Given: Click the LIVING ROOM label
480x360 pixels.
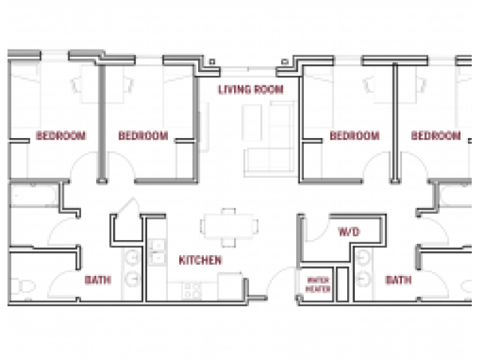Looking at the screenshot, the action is pos(250,89).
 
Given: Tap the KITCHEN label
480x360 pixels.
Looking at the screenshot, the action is pos(200,260).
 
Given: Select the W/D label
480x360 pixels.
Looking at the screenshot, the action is pos(349,232).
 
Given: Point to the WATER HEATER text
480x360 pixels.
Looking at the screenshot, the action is pos(318,284).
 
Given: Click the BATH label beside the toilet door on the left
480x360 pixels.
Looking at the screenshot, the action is pos(97,280).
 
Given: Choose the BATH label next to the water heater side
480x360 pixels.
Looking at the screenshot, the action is pos(398,280).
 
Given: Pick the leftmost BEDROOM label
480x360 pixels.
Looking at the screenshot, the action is pos(61,135).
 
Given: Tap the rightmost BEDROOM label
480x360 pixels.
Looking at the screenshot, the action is pos(436,135).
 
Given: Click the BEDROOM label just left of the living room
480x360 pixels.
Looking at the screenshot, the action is pos(143,135).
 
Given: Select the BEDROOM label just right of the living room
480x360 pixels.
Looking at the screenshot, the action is pos(355,135).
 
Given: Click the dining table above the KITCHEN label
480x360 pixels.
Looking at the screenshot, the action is pos(229,226).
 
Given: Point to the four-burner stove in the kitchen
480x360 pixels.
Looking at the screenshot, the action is pos(192,291).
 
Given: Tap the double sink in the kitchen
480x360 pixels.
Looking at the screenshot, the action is pos(157,252).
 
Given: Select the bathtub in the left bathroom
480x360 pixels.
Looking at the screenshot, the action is pos(34,195).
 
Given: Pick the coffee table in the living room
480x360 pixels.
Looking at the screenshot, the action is pos(252,123).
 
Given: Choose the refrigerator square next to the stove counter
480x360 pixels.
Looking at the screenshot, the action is pos(230,286).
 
